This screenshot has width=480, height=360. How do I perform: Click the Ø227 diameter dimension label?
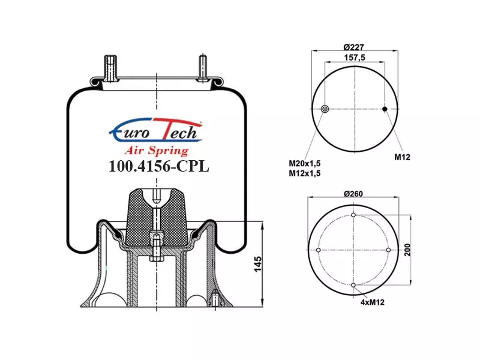(x=353, y=47)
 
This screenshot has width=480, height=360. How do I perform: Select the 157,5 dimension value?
(x=355, y=57)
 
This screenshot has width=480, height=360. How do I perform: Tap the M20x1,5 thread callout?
(x=305, y=163)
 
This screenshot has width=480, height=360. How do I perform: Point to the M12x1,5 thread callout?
(x=305, y=173)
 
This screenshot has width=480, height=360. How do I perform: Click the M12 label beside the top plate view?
(x=402, y=157)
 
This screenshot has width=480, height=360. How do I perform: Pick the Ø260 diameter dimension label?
(x=353, y=194)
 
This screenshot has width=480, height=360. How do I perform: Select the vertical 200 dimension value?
(x=407, y=250)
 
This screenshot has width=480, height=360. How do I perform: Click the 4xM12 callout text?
(x=372, y=302)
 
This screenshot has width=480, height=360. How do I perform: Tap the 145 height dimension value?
(x=258, y=264)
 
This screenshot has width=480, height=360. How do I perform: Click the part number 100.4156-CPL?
(x=159, y=166)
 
